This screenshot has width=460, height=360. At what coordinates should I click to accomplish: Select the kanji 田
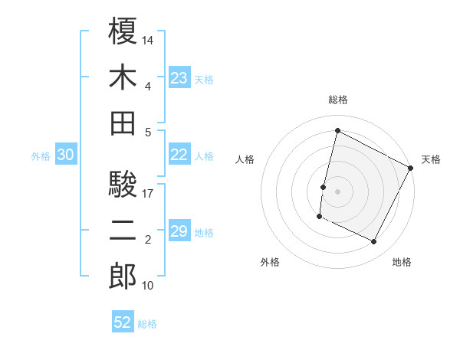123,123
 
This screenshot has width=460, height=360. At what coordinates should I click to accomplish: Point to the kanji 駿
123,184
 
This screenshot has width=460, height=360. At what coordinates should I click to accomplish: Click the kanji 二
123,231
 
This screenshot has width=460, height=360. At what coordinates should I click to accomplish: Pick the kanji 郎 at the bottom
123,277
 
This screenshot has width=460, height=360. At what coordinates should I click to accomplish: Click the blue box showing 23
179,77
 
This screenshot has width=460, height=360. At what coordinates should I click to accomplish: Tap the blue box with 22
179,155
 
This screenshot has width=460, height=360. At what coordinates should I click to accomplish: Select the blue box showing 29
179,231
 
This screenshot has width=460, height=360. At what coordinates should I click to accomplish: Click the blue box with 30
66,155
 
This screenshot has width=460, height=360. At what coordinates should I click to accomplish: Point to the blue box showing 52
123,322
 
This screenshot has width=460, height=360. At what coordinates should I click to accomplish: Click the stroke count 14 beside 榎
149,40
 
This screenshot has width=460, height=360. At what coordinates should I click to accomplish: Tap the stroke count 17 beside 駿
149,193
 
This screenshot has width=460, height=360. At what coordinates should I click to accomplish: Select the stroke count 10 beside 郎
149,286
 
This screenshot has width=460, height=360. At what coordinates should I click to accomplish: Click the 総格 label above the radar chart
337,100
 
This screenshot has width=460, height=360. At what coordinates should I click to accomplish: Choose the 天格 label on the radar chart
431,159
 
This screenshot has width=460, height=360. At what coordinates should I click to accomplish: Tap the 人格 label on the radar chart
245,159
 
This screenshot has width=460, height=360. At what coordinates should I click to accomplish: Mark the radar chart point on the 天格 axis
412,168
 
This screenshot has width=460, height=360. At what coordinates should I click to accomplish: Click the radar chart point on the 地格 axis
374,242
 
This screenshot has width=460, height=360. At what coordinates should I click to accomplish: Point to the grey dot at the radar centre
337,191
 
